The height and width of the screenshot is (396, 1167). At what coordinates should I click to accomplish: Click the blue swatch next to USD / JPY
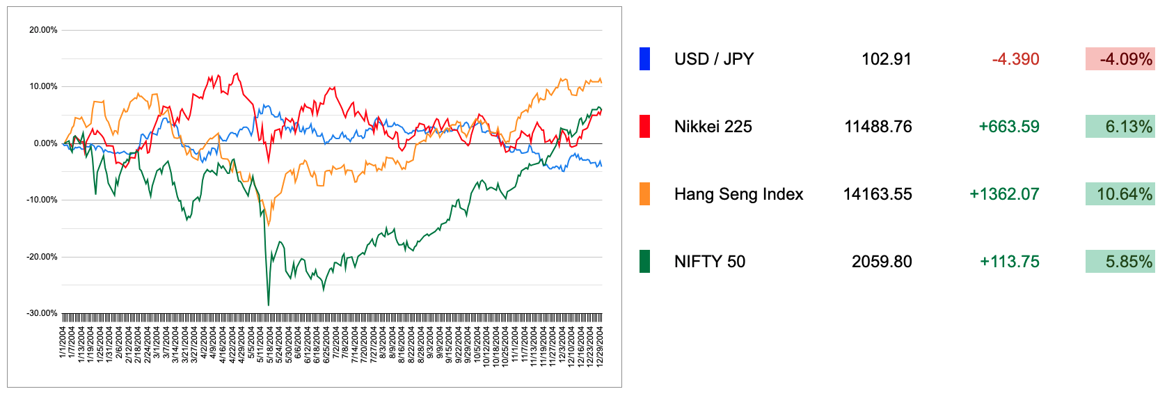coord(644,59)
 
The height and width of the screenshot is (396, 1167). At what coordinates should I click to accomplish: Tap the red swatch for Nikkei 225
coord(644,127)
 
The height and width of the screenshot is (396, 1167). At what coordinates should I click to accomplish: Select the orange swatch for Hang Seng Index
coord(644,194)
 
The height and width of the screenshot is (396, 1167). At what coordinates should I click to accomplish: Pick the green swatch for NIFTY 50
coord(644,262)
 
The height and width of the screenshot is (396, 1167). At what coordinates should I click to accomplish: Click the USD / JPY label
coord(713,59)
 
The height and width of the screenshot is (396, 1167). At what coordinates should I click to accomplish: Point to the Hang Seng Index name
coord(738,194)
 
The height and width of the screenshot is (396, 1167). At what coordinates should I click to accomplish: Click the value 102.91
coord(886,59)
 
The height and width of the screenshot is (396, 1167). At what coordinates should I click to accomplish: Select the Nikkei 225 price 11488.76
coord(878,127)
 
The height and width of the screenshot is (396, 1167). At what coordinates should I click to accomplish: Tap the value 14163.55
coord(877,194)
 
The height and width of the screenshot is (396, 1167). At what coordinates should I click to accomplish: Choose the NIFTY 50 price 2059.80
coord(882,262)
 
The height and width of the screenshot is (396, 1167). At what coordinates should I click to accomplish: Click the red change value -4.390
coord(1015,59)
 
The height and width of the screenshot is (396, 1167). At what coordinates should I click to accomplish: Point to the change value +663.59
coord(1008,127)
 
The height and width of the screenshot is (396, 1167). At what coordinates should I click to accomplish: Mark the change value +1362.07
coord(1004,194)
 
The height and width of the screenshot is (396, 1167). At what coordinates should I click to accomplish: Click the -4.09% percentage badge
coord(1120,59)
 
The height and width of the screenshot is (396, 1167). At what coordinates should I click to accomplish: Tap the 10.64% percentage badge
coord(1120,194)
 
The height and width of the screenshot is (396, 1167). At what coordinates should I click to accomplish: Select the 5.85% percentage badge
coord(1120,262)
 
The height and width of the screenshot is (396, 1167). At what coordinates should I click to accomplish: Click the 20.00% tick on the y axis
coord(43,30)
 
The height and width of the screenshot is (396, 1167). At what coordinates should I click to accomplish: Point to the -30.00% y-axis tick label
coord(42,313)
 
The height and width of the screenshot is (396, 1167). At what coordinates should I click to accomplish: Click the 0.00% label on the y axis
coord(45,143)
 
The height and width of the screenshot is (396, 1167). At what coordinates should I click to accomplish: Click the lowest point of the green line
coord(269,305)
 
